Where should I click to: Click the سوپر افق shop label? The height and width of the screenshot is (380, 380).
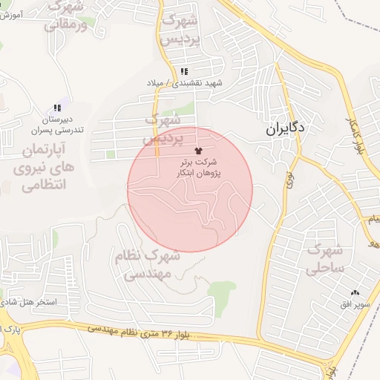(x=353, y=305)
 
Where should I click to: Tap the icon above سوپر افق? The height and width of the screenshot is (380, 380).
(x=354, y=293)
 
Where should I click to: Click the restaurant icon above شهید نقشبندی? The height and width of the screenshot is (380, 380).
(x=183, y=72)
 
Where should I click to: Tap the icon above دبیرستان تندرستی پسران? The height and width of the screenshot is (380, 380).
(x=58, y=108)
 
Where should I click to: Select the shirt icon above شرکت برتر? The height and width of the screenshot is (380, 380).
(x=197, y=149)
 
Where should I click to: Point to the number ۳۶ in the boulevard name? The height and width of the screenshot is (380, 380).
(x=166, y=332)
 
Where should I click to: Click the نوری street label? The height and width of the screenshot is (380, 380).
(x=286, y=179)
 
